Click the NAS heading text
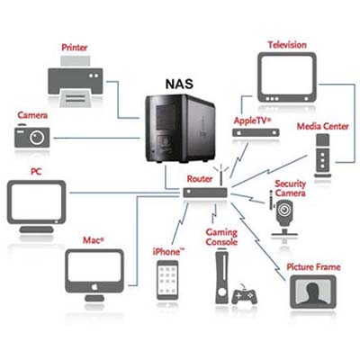(179, 84)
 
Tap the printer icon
(76, 81)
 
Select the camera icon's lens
(37, 138)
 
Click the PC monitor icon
(37, 206)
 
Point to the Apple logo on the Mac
(94, 287)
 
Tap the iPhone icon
(167, 280)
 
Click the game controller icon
(244, 295)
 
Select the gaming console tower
(221, 277)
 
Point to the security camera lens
(283, 210)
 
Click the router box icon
(205, 193)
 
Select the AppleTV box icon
(256, 132)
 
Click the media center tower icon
(322, 156)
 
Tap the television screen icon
(287, 77)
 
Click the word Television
(287, 45)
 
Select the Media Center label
(323, 126)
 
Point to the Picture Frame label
(313, 267)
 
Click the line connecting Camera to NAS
(96, 138)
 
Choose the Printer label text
(75, 48)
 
